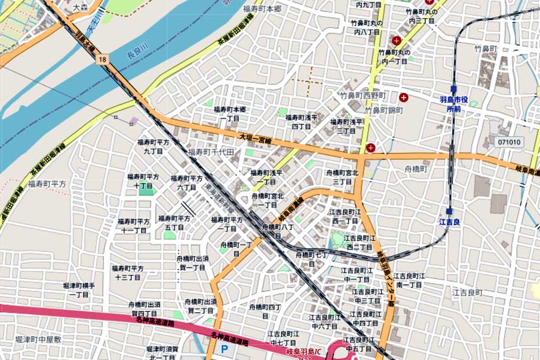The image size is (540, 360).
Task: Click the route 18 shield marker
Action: pos(103,59)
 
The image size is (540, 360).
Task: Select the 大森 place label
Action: pos(80,8)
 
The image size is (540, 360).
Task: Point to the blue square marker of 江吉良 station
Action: pos(449,211)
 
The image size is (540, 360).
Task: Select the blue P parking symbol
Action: pos(224,349)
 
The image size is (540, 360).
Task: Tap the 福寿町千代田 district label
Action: pos(211,152)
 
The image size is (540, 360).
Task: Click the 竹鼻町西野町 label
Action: pos(363,95)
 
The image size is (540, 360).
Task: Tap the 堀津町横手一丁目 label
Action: pos(78,290)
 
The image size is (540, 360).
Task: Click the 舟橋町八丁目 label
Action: pos(278,232)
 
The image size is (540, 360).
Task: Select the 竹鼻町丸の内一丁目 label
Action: pos(394,57)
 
